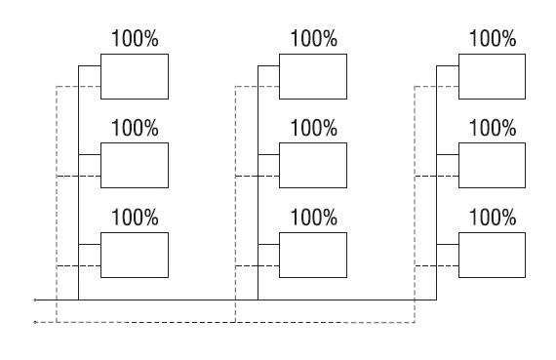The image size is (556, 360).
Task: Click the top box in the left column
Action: point(135,76)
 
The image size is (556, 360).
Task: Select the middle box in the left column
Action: point(135,165)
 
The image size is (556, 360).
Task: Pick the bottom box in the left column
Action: point(135,255)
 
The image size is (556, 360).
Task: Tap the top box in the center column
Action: point(313,76)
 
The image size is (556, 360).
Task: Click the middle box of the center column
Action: point(313,165)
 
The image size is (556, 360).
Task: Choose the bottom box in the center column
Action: point(313,255)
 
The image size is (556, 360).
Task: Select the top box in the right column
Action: point(493,76)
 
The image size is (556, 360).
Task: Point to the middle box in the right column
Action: point(493,165)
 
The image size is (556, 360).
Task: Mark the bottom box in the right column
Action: point(493,255)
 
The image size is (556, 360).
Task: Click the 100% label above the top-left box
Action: point(136,38)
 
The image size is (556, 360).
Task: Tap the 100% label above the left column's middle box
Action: point(136,128)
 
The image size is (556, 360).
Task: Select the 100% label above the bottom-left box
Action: point(136,217)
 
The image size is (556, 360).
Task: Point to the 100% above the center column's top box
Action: point(314,38)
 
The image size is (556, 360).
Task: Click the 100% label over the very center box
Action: point(314,128)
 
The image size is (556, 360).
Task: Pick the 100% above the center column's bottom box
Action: point(314,217)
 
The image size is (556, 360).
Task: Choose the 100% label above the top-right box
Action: point(493,38)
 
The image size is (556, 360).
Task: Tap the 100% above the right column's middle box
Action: point(493,128)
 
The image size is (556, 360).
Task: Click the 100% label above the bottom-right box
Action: point(493,217)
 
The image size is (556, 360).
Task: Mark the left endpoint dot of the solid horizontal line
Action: point(35,300)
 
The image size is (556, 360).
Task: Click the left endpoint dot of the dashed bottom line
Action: point(35,322)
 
